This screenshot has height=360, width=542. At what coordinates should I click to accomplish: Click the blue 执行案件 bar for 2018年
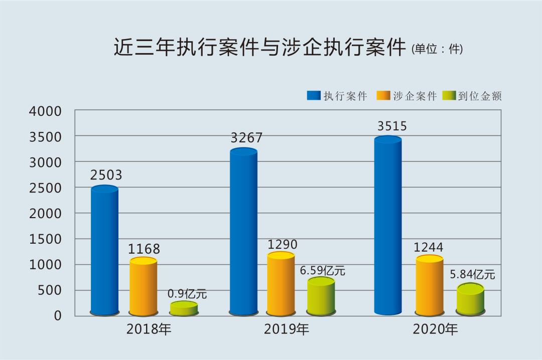[x=104, y=251]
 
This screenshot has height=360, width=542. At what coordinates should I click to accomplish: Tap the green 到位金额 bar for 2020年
[x=470, y=299]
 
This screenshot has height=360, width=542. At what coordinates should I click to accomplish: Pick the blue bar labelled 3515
[x=388, y=226]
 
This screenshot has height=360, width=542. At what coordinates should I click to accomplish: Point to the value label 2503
[x=106, y=175]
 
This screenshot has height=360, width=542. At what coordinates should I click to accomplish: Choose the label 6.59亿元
[x=323, y=271]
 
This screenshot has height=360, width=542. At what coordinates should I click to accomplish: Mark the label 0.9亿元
[x=187, y=294]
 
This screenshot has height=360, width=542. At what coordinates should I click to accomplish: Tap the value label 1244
[x=428, y=247]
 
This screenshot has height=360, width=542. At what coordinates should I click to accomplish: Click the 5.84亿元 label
[x=472, y=275]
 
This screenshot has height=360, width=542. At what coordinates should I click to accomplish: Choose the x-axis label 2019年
[x=287, y=329]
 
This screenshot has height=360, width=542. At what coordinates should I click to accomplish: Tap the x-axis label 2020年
[x=435, y=329]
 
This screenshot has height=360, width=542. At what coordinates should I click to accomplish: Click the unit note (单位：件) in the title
[x=437, y=50]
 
